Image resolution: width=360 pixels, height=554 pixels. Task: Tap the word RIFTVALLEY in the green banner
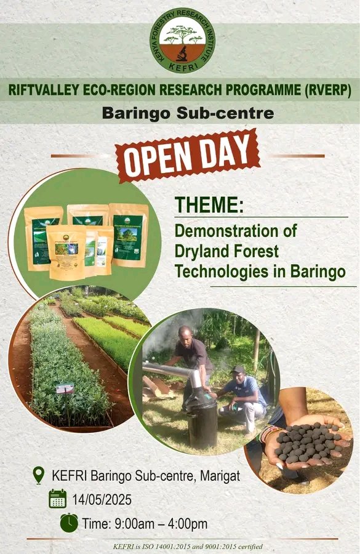pyautogui.click(x=47, y=90)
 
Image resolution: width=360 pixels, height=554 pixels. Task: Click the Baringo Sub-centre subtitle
pyautogui.click(x=179, y=114)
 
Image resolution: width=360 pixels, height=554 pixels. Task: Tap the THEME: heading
pyautogui.click(x=209, y=206)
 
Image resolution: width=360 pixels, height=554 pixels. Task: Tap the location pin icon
pyautogui.click(x=39, y=475)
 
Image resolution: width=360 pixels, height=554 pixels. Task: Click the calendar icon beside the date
pyautogui.click(x=58, y=499)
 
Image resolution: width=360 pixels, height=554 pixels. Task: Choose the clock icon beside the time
pyautogui.click(x=69, y=523)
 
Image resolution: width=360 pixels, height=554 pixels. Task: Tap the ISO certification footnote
pyautogui.click(x=188, y=546)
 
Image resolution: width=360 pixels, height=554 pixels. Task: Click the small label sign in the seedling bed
pyautogui.click(x=65, y=388)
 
